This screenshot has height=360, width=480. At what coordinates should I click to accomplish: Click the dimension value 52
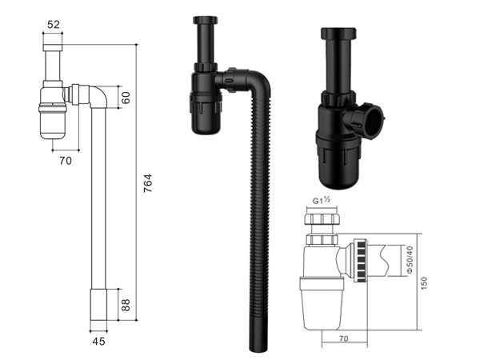click(x=54, y=25)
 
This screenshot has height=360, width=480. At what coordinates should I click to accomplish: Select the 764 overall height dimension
click(x=148, y=183)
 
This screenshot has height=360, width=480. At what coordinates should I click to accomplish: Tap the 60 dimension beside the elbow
click(x=126, y=98)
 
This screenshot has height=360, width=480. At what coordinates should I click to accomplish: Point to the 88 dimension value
click(x=126, y=305)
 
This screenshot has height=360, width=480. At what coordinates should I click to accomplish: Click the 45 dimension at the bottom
click(x=98, y=342)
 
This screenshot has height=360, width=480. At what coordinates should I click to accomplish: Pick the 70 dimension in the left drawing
click(x=66, y=161)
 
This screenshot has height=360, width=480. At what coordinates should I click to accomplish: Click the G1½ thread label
click(x=322, y=201)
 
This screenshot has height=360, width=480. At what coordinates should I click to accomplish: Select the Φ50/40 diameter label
click(x=410, y=259)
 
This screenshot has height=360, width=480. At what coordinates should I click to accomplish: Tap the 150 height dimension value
click(x=424, y=283)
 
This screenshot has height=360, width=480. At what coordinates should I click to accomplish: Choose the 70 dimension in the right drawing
click(x=344, y=338)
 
